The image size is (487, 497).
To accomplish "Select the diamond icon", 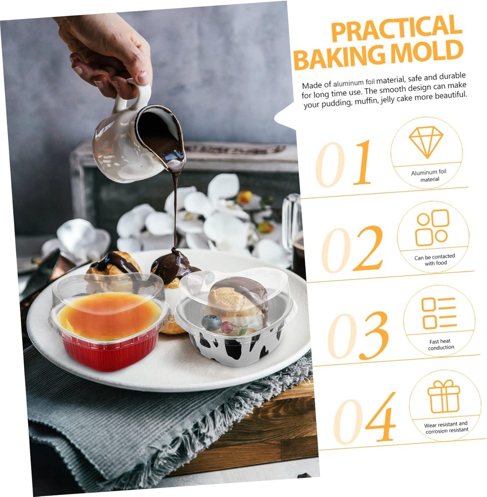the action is (425, 142).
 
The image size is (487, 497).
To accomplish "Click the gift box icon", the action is (444, 396).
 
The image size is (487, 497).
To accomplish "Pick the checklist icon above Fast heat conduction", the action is (439, 313).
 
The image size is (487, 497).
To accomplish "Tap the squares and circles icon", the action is (433, 227).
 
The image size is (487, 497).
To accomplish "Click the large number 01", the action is (343, 164).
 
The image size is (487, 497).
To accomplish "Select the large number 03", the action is (358, 335).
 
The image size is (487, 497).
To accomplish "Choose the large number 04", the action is (365, 418).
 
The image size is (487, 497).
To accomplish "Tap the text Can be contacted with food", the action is (435, 259).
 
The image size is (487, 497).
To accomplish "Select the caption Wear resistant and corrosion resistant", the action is (446, 427).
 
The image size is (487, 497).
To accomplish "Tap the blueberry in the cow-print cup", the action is (212, 323).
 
